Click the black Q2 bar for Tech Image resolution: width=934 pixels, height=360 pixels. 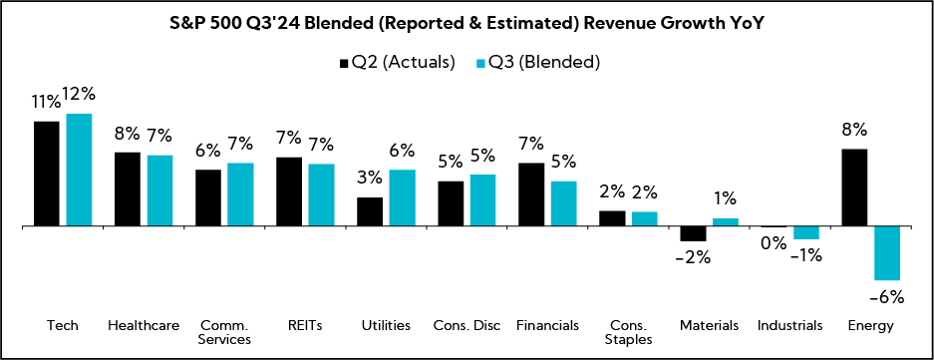[47, 174]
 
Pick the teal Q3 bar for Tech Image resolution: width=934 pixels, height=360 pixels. [79, 170]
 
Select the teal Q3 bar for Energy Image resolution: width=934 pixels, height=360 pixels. [887, 253]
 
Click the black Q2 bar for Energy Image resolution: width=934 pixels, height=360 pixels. [855, 187]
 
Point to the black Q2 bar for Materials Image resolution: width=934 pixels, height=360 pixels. [693, 234]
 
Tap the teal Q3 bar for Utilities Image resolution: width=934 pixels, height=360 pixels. [402, 198]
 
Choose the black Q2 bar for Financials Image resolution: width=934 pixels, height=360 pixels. [531, 194]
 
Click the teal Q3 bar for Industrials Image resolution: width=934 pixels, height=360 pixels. [806, 233]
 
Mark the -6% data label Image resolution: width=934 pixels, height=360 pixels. [886, 296]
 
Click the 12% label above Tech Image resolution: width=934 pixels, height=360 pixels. [79, 95]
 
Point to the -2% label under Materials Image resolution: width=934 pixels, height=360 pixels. [693, 257]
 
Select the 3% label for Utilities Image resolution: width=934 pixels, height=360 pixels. [370, 178]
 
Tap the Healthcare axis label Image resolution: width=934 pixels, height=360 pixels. [144, 325]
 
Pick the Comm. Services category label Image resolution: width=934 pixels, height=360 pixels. [224, 332]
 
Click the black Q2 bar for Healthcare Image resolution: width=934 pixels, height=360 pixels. [128, 189]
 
